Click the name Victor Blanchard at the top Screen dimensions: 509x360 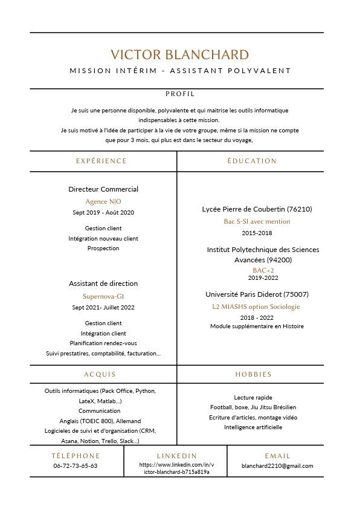[x=179, y=54]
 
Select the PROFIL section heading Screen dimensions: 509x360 [x=180, y=94]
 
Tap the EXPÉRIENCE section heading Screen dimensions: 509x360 [x=101, y=161]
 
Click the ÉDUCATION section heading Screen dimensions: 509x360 [x=252, y=161]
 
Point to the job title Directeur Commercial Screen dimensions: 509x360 [x=103, y=189]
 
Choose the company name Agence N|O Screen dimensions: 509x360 [x=103, y=201]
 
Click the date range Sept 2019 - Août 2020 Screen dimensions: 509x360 [x=103, y=212]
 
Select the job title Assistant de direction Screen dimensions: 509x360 [x=103, y=284]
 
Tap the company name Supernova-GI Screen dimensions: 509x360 [x=103, y=296]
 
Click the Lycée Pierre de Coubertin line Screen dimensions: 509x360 [x=257, y=209]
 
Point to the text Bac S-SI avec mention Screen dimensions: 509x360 [x=257, y=221]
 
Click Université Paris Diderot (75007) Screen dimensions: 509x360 [x=257, y=294]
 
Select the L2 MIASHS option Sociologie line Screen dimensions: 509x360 [x=257, y=306]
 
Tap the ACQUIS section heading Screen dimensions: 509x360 [x=100, y=374]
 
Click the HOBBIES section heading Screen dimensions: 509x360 [x=254, y=374]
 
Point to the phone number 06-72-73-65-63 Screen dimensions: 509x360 [x=76, y=466]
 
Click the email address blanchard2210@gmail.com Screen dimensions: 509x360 [x=277, y=466]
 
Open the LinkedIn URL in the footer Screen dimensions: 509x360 [x=176, y=468]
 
